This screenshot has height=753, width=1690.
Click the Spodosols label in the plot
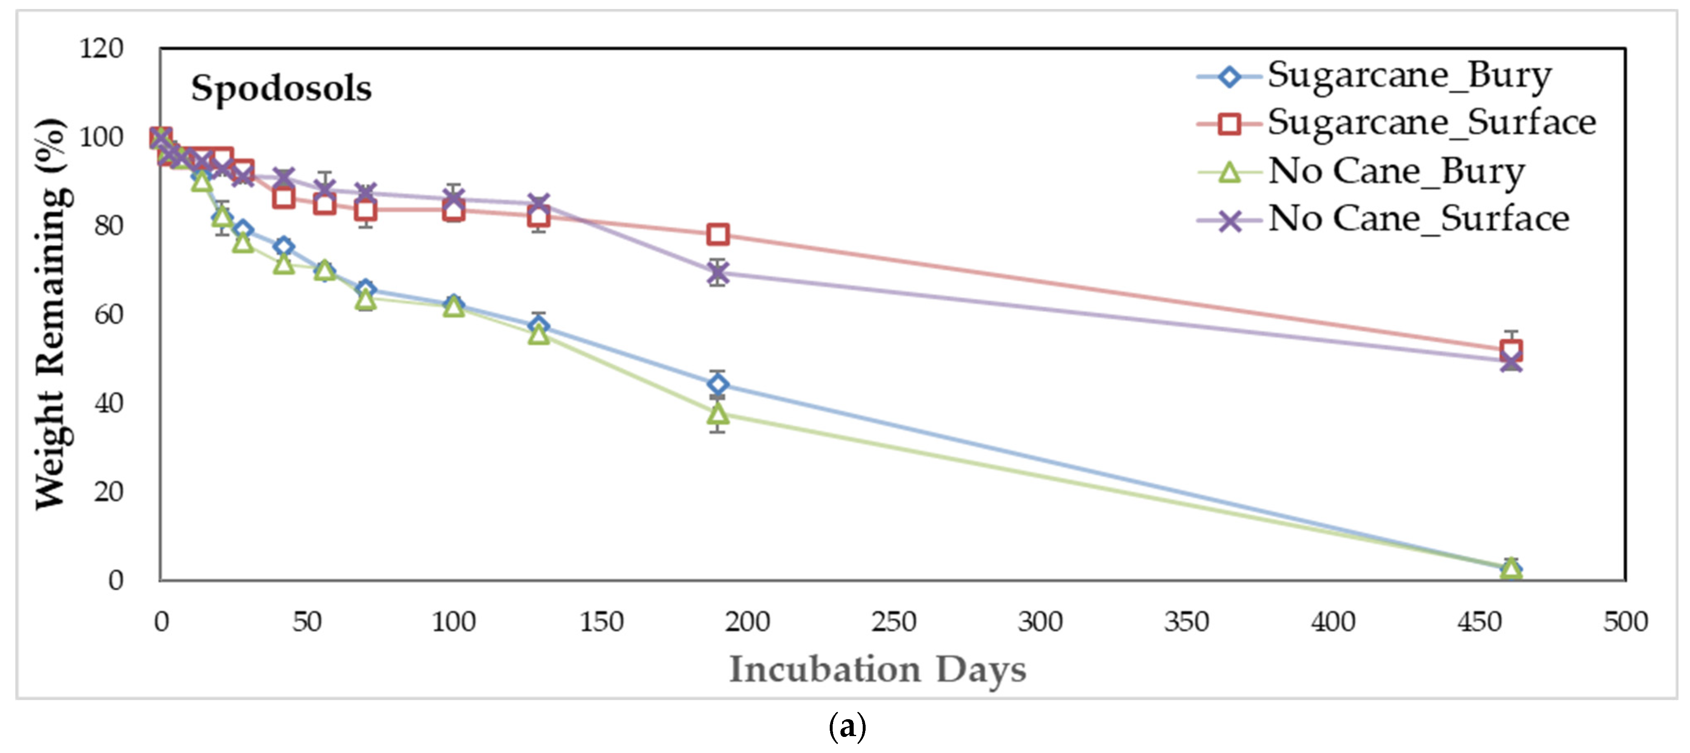point(281,89)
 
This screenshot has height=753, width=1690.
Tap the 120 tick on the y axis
point(101,49)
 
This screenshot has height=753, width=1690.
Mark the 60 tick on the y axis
point(108,315)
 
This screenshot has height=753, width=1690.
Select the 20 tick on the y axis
point(108,492)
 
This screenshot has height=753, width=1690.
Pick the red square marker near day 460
point(1511,350)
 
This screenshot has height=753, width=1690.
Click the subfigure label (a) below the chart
point(847,727)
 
